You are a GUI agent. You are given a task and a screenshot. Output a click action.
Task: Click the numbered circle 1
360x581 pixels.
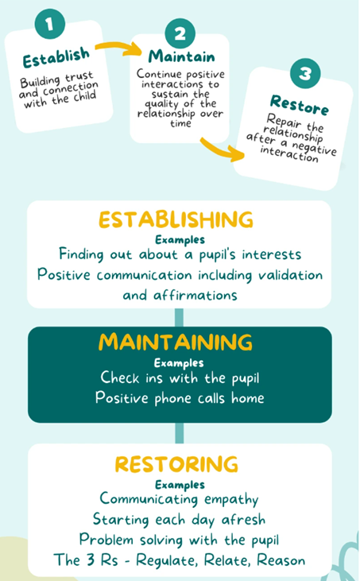[x=50, y=24]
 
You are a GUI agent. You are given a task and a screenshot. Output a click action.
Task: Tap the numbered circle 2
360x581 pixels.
[x=180, y=33]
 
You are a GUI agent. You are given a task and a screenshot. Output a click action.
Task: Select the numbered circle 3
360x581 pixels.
[x=305, y=73]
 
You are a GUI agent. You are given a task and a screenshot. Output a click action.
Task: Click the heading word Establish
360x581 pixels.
[x=56, y=58]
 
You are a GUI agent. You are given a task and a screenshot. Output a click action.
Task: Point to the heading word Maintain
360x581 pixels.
[x=181, y=56]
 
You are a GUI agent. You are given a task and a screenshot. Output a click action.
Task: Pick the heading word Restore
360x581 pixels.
[x=300, y=105]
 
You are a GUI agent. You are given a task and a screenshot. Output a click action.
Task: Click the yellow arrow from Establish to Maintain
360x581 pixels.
[x=118, y=48]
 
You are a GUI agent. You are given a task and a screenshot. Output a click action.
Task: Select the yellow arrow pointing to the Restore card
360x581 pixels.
[x=223, y=149]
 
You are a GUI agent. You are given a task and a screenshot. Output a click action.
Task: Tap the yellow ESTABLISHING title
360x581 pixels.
[x=176, y=219]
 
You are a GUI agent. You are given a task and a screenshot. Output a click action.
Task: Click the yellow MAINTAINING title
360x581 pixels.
[x=176, y=342]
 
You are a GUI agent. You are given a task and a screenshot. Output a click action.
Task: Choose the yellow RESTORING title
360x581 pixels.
[x=176, y=464]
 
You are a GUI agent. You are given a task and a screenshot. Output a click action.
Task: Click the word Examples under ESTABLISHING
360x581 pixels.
[x=180, y=240]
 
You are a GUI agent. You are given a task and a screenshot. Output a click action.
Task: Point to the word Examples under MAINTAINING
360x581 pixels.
[x=179, y=362]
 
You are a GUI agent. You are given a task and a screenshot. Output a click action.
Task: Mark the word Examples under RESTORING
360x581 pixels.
[x=180, y=485]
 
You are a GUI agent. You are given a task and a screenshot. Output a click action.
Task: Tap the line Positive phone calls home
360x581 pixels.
[x=180, y=398]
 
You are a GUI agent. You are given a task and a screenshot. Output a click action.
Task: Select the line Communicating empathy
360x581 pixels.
[x=180, y=499]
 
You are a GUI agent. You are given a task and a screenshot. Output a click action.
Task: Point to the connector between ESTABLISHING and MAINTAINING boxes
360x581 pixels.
[x=179, y=318]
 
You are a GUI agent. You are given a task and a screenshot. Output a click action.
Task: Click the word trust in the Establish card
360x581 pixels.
[x=79, y=77]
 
